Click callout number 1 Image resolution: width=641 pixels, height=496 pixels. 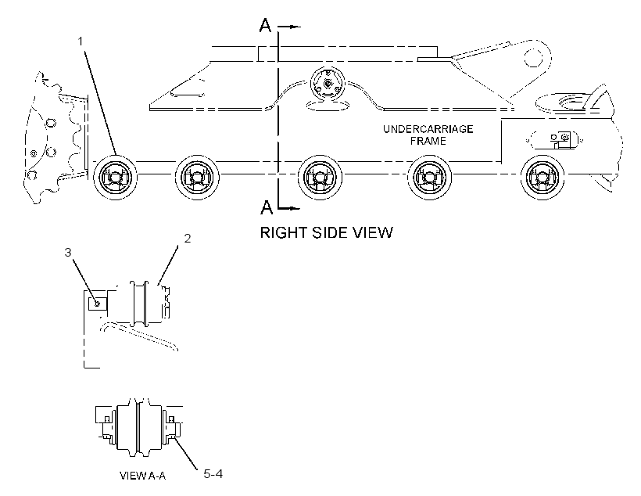click(x=81, y=41)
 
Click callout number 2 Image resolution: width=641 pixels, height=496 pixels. click(x=188, y=238)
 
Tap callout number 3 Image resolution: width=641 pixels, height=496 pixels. click(x=68, y=253)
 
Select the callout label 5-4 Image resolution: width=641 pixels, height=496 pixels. click(x=213, y=474)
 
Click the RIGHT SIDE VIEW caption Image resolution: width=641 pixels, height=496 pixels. click(x=326, y=232)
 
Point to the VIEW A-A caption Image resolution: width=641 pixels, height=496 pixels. click(x=143, y=476)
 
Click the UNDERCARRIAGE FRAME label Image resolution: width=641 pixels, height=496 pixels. click(x=428, y=135)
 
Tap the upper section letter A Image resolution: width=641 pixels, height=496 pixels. click(x=265, y=25)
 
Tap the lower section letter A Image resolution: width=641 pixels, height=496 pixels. click(x=266, y=207)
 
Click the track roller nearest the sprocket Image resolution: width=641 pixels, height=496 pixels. click(x=115, y=178)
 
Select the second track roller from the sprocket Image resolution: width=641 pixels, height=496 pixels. click(x=198, y=178)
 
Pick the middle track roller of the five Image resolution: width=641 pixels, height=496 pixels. click(x=320, y=178)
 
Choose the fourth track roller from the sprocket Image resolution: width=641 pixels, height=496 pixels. click(x=429, y=178)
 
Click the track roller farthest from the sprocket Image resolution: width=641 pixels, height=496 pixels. click(x=543, y=178)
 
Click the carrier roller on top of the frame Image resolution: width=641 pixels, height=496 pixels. click(x=328, y=84)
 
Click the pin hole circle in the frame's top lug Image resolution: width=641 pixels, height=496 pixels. click(x=533, y=57)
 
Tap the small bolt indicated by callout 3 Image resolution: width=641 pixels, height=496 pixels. click(x=97, y=304)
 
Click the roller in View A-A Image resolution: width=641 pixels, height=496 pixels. click(x=139, y=428)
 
